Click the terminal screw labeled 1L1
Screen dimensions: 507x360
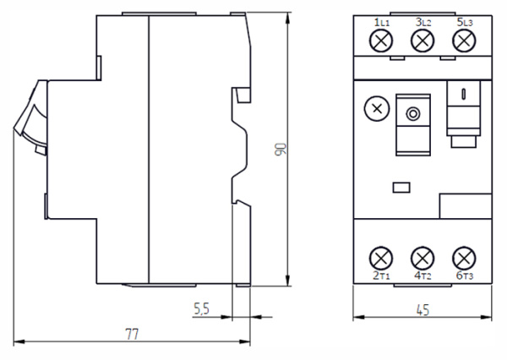click(381, 41)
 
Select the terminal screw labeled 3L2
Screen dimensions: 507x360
click(422, 41)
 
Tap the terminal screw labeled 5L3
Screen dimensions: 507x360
click(464, 41)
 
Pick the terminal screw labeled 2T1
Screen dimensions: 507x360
click(381, 259)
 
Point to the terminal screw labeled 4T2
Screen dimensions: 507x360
click(422, 259)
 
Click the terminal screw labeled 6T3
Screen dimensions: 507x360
click(464, 259)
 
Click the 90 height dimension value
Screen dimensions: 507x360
click(281, 150)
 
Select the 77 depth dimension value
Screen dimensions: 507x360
click(132, 334)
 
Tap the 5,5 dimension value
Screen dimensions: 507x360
click(201, 309)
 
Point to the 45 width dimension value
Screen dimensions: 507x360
click(423, 310)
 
